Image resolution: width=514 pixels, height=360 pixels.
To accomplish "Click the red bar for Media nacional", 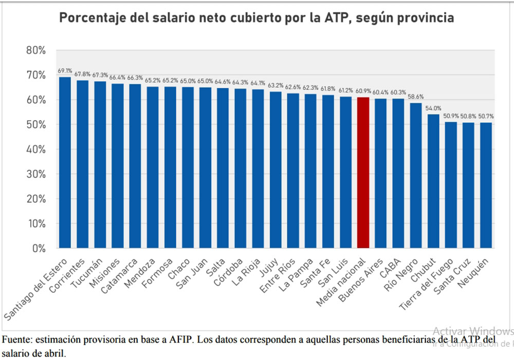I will [x=363, y=173].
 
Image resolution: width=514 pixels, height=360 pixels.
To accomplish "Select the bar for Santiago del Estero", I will [x=65, y=162].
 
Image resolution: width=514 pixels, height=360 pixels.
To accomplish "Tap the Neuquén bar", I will [x=486, y=185].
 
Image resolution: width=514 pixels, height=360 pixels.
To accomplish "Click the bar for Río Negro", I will [x=416, y=175].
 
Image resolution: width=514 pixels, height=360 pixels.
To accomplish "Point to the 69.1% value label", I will [x=65, y=71].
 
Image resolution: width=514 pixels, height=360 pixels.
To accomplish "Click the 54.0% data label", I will [x=433, y=108].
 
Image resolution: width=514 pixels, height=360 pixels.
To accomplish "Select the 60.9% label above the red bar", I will [x=363, y=91].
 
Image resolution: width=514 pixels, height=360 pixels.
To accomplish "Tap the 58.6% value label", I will [x=416, y=97].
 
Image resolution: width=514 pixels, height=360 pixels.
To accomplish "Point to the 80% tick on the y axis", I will [x=35, y=50].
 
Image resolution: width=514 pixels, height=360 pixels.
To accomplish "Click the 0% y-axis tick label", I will [x=39, y=249].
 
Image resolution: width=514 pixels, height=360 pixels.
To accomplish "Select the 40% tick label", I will [x=35, y=149].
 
